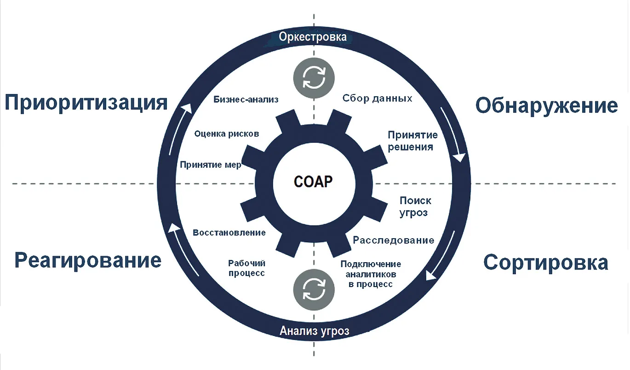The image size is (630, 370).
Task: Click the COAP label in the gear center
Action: (313, 182)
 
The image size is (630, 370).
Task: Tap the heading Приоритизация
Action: (86, 103)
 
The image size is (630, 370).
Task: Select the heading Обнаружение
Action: (547, 106)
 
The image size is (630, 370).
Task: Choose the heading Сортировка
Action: (546, 262)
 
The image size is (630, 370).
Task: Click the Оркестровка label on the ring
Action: (313, 37)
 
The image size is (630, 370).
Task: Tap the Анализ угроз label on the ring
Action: (315, 331)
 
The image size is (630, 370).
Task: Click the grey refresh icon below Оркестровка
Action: (314, 78)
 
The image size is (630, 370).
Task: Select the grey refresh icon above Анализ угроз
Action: (314, 290)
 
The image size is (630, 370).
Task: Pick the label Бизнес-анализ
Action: (246, 99)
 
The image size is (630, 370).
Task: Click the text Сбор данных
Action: (377, 98)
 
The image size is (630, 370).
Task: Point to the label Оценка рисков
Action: (227, 134)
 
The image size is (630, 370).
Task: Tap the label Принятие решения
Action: (412, 141)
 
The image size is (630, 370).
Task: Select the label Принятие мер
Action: (210, 164)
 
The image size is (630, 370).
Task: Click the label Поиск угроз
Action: (415, 206)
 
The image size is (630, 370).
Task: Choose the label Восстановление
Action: (229, 233)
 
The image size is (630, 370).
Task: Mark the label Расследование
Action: (394, 240)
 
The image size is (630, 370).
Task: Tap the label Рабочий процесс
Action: (246, 268)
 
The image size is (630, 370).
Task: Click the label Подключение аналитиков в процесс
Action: (371, 274)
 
